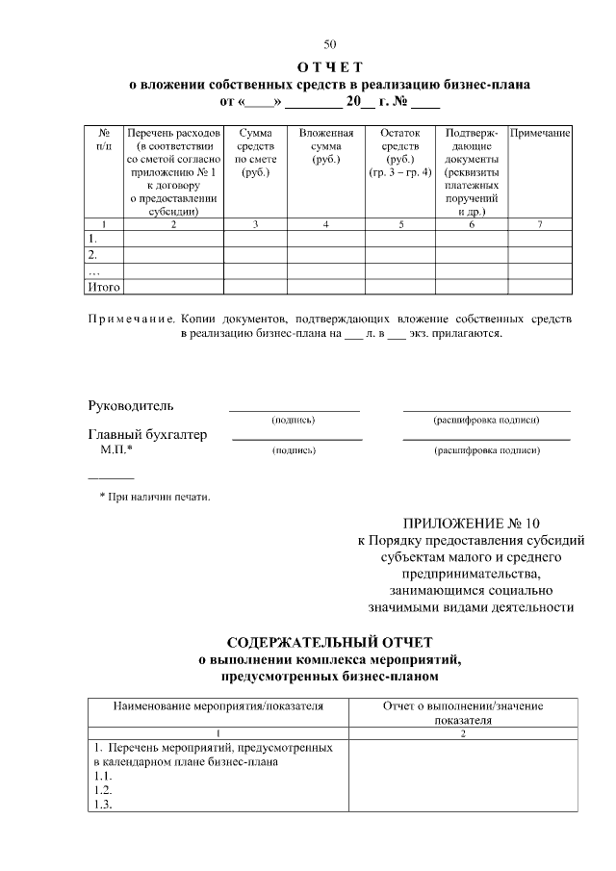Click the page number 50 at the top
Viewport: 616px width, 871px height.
tap(330, 44)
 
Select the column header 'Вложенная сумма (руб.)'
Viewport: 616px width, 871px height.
tap(326, 144)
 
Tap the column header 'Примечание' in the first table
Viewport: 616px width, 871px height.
tap(540, 131)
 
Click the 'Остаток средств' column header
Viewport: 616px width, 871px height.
tap(400, 151)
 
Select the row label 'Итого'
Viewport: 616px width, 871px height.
tap(103, 287)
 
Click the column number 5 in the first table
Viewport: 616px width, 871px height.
tap(400, 224)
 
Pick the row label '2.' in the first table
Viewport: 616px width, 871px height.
tap(93, 255)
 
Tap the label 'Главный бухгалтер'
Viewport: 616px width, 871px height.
tap(147, 435)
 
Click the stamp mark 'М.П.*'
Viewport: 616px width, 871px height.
tap(116, 449)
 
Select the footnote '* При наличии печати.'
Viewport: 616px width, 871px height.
tap(155, 497)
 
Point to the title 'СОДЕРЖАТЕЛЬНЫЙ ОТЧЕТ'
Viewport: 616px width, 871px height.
tap(330, 642)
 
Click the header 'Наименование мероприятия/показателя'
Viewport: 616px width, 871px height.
tap(218, 705)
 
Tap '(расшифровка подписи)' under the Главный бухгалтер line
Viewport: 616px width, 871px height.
tap(486, 450)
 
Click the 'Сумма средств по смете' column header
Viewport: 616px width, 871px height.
tap(255, 151)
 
